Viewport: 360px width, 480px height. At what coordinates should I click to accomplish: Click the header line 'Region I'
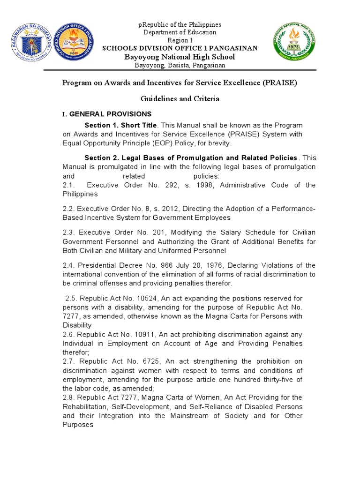click(180, 40)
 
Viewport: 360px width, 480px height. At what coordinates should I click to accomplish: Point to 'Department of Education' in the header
click(180, 32)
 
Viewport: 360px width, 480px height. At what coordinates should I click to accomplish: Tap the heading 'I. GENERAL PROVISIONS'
click(107, 114)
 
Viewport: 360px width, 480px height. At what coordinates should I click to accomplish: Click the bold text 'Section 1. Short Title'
click(120, 126)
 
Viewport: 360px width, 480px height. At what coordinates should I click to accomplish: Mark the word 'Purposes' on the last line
click(78, 425)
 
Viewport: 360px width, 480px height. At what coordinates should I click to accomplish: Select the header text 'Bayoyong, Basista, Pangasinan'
click(180, 65)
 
